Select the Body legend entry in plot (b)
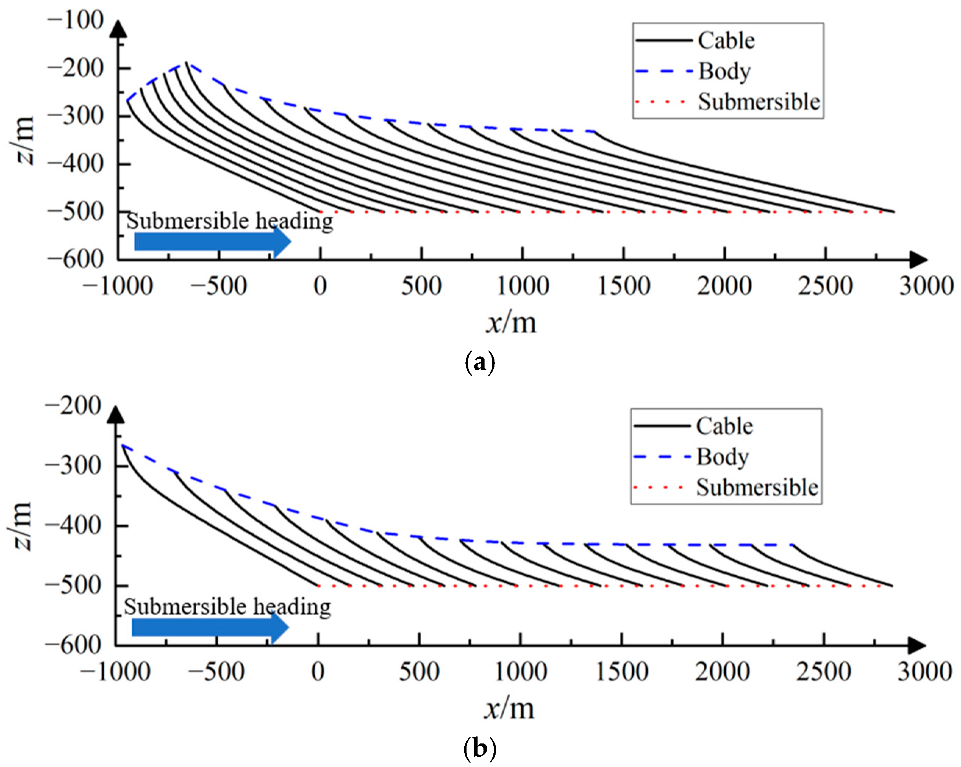tap(722, 457)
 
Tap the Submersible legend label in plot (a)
tap(759, 102)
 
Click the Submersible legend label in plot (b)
tap(757, 487)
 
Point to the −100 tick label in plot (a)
tap(75, 21)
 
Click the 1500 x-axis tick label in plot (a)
tap(624, 286)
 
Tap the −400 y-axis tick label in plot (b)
tap(73, 526)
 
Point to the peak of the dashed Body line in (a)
tap(186, 63)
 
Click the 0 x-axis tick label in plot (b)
tap(318, 672)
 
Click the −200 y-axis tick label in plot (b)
tap(73, 406)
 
